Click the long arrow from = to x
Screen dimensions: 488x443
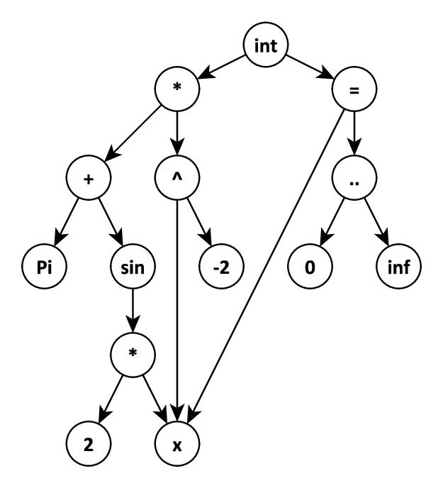coord(269,262)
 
